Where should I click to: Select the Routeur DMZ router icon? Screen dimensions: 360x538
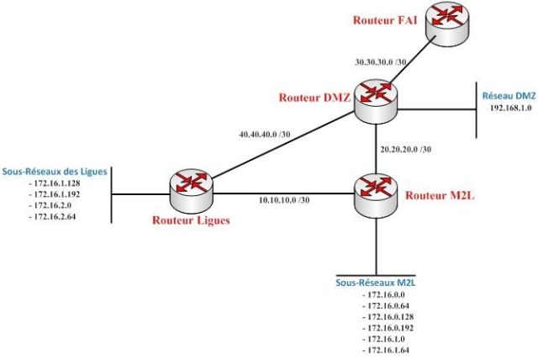[x=374, y=99]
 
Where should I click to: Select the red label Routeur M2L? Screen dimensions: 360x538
[x=434, y=196]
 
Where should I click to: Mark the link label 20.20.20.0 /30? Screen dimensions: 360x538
[x=406, y=150]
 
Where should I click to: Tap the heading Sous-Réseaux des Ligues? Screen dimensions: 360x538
[x=55, y=171]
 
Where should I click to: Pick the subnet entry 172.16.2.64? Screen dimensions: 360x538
[x=57, y=216]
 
